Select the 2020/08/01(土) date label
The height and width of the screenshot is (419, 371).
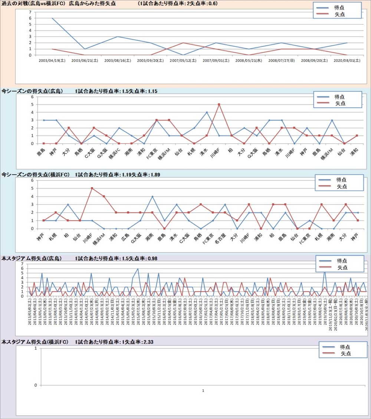[x=347, y=60]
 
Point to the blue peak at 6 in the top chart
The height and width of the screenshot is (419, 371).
[x=52, y=18]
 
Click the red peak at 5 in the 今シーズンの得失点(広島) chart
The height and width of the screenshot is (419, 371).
[x=219, y=104]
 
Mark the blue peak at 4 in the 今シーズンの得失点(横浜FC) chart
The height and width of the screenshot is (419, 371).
[x=152, y=196]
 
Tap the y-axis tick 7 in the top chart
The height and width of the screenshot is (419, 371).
[x=30, y=12]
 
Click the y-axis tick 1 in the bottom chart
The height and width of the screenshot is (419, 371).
[x=36, y=348]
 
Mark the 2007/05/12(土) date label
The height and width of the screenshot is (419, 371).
[x=183, y=60]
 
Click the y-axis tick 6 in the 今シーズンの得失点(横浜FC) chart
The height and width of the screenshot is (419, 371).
[x=33, y=181]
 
